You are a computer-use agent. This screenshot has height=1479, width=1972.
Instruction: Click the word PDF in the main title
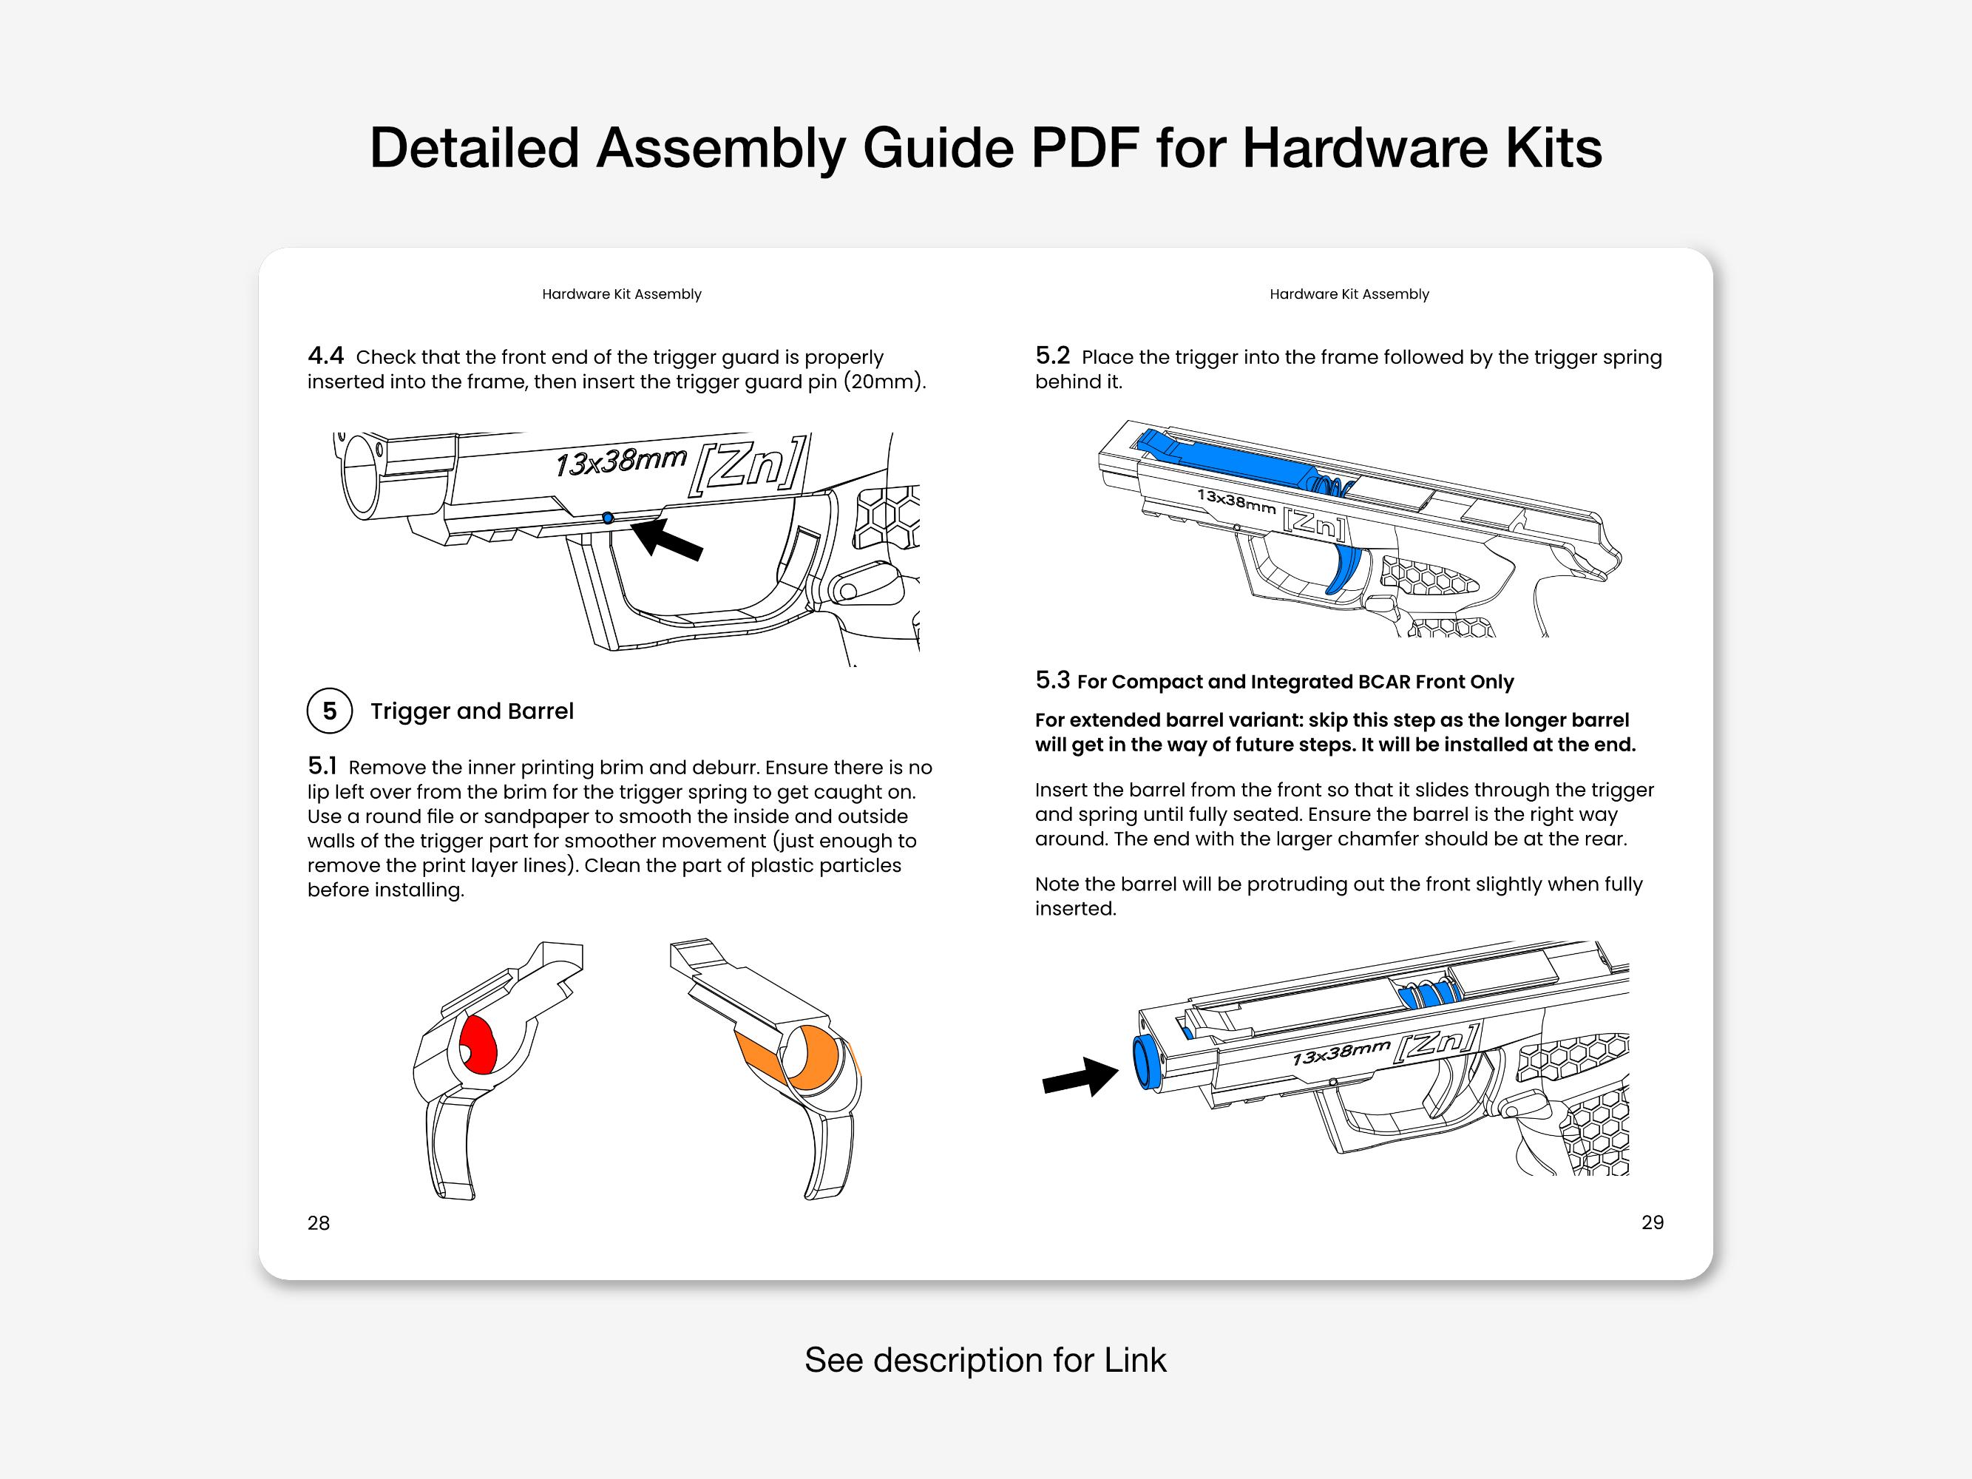click(1085, 147)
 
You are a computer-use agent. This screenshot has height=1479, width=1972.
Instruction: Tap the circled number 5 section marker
click(330, 711)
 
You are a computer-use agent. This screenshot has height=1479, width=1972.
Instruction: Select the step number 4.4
click(325, 356)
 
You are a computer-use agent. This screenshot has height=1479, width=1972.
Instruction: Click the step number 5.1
click(322, 766)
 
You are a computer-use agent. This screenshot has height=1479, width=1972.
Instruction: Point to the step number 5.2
click(1052, 356)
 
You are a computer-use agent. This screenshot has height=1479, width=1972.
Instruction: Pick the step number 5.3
click(1052, 680)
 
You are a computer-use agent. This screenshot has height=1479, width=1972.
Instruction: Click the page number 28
click(318, 1223)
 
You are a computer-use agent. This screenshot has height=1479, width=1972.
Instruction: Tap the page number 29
click(1652, 1222)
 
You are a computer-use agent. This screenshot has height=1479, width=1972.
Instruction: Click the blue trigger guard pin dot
click(608, 518)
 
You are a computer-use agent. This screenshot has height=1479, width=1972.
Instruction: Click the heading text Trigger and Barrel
click(472, 711)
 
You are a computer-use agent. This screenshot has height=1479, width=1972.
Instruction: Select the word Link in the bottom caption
click(1135, 1359)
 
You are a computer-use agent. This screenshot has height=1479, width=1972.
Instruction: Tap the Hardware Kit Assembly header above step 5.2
click(1349, 294)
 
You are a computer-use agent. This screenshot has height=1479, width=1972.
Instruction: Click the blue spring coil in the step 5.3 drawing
click(1426, 995)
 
